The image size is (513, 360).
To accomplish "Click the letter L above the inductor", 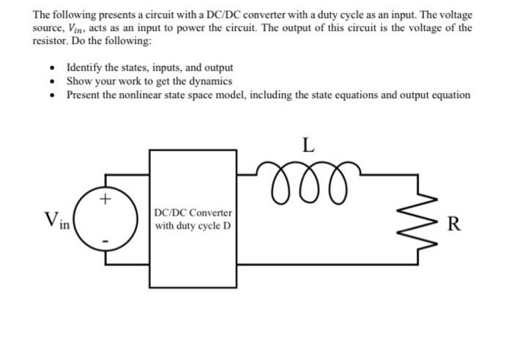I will coord(308,144).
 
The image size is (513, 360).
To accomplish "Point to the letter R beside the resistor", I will coord(454,224).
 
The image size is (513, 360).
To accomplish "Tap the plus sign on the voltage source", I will coord(107,198).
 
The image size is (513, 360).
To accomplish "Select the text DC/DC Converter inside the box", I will coord(193,213).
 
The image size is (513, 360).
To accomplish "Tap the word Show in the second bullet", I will coord(79,81).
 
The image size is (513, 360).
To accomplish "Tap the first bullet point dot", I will coord(52,69).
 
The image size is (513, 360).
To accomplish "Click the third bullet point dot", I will coord(52,95).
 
